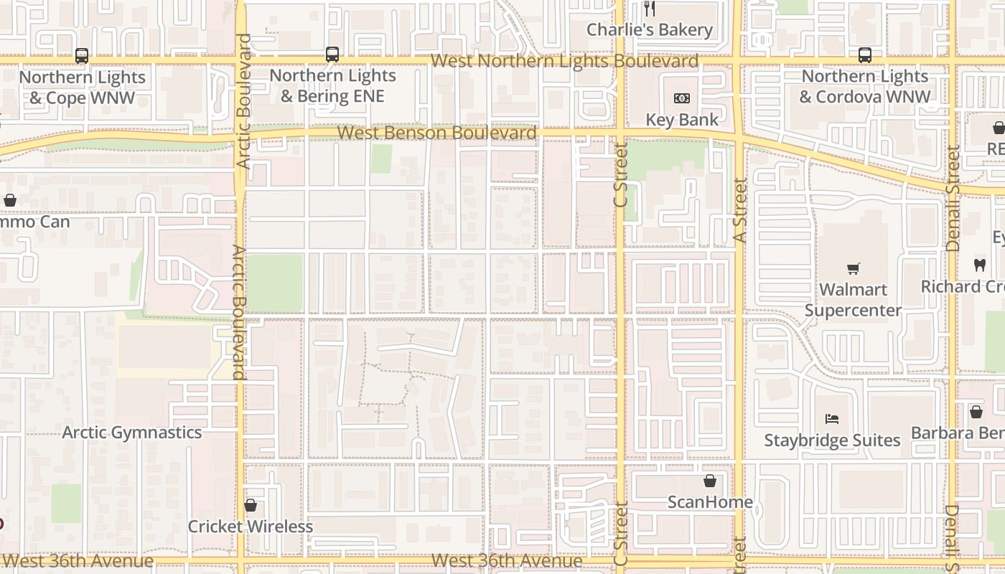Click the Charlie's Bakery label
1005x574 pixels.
650,29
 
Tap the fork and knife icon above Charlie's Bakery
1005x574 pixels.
650,9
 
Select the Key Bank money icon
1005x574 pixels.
681,98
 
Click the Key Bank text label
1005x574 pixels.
681,119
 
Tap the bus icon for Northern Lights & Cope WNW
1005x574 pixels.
82,55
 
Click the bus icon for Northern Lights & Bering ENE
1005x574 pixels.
332,54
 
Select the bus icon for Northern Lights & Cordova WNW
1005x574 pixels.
865,55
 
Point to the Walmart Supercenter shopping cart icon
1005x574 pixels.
853,268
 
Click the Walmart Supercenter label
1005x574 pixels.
853,300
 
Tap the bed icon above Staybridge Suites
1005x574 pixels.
832,418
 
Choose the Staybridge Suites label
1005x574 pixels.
832,440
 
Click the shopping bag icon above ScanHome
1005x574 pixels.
710,481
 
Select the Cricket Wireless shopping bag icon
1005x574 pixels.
251,505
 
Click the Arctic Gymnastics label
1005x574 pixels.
132,432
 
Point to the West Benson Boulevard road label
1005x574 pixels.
436,133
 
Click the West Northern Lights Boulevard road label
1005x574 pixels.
564,61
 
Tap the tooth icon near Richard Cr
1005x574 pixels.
979,265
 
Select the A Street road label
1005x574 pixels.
741,210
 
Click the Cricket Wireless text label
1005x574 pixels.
251,526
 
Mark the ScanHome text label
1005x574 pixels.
710,502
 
